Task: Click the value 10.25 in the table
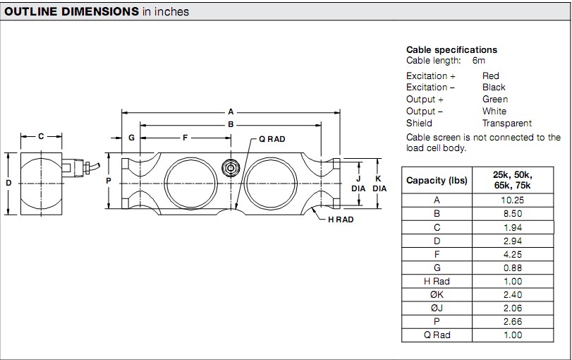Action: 513,200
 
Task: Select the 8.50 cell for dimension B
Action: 513,214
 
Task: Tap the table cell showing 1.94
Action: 513,227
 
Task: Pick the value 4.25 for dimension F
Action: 513,254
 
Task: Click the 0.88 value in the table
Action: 513,268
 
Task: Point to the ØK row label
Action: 437,294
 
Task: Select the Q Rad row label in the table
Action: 437,335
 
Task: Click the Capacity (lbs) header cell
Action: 437,180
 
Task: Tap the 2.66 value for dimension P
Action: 513,321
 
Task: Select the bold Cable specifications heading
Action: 451,50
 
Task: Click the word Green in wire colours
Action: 494,100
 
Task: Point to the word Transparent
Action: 507,124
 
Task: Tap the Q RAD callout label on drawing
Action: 272,139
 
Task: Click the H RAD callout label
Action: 341,220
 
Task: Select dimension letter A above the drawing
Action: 231,112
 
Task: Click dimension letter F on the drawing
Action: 185,138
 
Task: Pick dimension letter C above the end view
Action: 41,136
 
